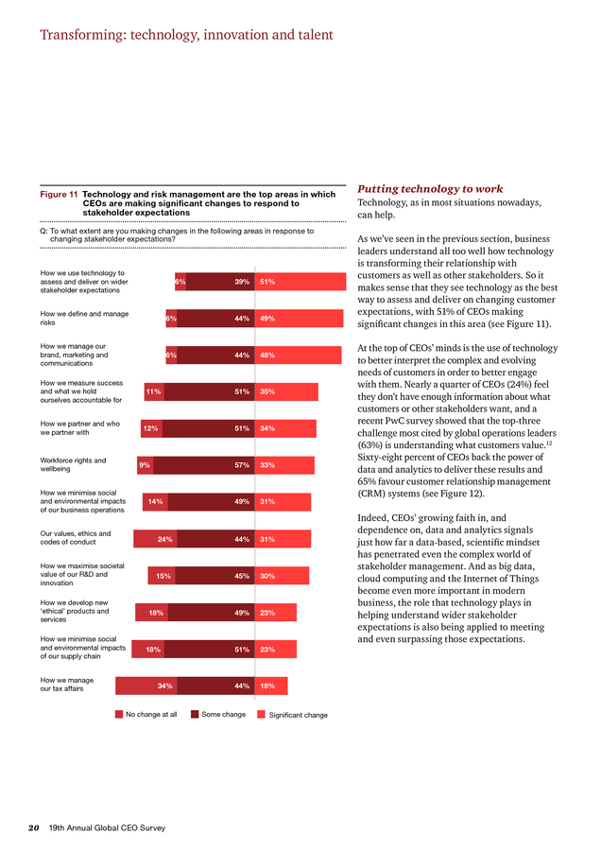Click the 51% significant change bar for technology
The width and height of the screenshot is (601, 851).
pyautogui.click(x=300, y=282)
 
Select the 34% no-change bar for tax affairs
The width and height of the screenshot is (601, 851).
pyautogui.click(x=146, y=686)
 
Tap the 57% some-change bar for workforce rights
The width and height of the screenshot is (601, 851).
pyautogui.click(x=204, y=465)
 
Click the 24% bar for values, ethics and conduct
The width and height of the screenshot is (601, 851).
pyautogui.click(x=155, y=539)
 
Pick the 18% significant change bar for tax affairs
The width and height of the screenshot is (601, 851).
pyautogui.click(x=271, y=686)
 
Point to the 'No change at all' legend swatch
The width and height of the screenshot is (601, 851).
pyautogui.click(x=119, y=714)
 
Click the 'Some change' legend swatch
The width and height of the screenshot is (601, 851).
pyautogui.click(x=195, y=714)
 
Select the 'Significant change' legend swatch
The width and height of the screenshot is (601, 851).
pyautogui.click(x=262, y=714)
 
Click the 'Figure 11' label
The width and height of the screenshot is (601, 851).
pyautogui.click(x=59, y=194)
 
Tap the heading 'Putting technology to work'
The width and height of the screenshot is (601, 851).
pyautogui.click(x=430, y=189)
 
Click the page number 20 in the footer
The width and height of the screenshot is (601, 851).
pyautogui.click(x=34, y=828)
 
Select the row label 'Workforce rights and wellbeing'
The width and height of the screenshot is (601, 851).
pyautogui.click(x=73, y=464)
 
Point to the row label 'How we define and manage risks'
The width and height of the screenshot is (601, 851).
pyautogui.click(x=84, y=318)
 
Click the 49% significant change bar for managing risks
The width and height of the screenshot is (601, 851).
pyautogui.click(x=299, y=319)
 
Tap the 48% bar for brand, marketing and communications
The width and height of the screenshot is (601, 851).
pyautogui.click(x=299, y=355)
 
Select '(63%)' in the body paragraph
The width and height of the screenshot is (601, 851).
pyautogui.click(x=370, y=445)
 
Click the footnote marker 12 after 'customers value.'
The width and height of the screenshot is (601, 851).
pyautogui.click(x=549, y=443)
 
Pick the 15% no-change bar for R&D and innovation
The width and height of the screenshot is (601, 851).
pyautogui.click(x=162, y=576)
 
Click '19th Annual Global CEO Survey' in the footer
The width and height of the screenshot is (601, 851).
pyautogui.click(x=108, y=828)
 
